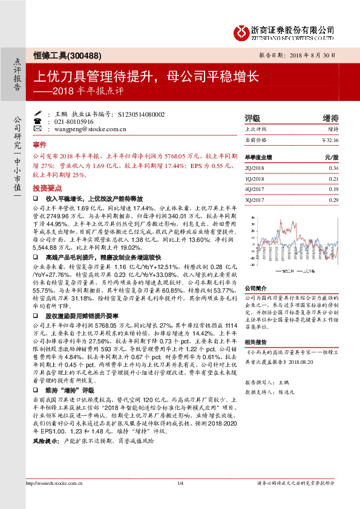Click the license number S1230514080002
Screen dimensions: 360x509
140,114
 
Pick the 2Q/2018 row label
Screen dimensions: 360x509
255,167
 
